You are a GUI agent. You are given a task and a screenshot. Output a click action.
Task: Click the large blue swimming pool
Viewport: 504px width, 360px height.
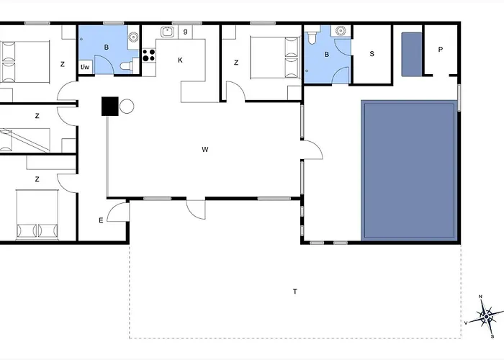(x=409, y=171)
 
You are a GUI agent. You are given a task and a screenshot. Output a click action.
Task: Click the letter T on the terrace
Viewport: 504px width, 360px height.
(x=295, y=292)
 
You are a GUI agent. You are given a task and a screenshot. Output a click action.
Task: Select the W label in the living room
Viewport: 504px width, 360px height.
(x=205, y=149)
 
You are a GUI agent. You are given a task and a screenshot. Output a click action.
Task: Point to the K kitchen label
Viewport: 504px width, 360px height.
(x=180, y=60)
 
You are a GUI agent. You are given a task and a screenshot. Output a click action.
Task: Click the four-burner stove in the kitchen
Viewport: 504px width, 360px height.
(x=148, y=55)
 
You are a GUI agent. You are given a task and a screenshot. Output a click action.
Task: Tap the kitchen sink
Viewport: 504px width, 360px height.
(x=167, y=32)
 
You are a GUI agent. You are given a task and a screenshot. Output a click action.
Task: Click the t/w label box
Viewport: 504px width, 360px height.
(x=85, y=67)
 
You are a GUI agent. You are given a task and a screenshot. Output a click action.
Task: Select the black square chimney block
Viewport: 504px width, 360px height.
(x=110, y=106)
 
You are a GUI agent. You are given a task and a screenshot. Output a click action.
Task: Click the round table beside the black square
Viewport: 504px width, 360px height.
(x=127, y=106)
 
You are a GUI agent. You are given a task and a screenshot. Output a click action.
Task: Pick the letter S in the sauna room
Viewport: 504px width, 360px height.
(x=372, y=54)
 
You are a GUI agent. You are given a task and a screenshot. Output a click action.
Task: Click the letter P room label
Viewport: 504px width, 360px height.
(x=441, y=50)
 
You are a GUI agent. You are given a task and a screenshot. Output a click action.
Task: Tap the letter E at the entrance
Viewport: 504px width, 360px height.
(x=101, y=220)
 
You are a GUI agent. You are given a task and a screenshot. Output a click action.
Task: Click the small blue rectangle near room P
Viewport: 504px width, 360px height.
(x=412, y=54)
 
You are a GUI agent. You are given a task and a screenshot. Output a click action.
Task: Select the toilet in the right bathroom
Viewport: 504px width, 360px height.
(x=312, y=37)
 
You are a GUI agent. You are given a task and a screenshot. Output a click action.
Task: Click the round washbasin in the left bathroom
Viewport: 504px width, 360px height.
(x=133, y=37)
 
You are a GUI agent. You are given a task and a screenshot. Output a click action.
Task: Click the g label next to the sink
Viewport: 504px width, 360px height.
(x=185, y=32)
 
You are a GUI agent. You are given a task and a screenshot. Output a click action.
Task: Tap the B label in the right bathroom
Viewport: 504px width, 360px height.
(x=327, y=54)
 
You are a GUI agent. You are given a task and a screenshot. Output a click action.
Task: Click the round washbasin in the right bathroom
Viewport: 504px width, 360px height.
(x=341, y=31)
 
